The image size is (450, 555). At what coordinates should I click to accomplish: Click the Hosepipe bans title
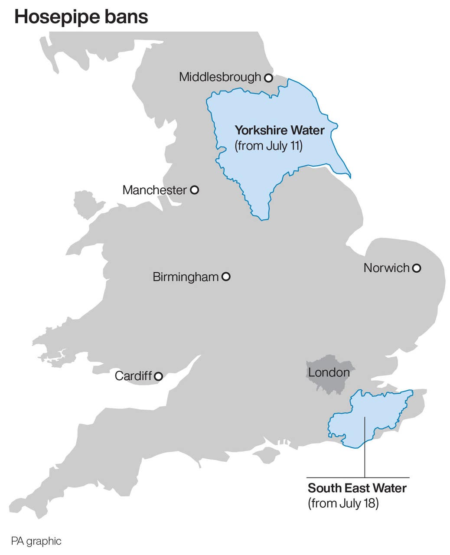81,17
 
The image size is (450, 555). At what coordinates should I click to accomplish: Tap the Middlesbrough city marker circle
268,78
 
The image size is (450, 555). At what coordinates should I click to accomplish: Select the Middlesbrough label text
220,77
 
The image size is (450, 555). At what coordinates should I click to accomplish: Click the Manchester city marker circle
195,189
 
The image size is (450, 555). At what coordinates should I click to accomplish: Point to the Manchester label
154,190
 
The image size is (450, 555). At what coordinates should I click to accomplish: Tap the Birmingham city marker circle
226,276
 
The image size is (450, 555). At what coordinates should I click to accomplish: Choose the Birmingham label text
186,277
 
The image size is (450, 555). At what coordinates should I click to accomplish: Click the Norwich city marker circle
416,268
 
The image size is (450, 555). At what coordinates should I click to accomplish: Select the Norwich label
386,268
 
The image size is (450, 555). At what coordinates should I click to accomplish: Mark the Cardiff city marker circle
159,376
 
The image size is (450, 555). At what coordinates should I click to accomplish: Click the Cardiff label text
133,376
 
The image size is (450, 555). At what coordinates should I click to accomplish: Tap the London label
329,372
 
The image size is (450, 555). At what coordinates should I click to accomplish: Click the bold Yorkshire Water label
280,130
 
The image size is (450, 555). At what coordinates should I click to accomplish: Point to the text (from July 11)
268,146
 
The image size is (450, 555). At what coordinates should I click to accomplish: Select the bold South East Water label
357,488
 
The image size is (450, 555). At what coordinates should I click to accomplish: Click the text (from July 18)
343,503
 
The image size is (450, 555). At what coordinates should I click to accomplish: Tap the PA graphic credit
36,541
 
